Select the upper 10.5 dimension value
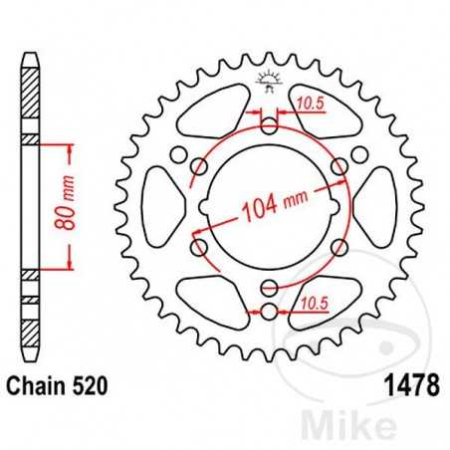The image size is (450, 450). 311,102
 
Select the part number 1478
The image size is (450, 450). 410,385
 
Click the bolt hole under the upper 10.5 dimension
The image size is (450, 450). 269,125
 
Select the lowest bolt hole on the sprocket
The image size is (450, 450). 269,315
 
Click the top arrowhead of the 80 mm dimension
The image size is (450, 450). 71,147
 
